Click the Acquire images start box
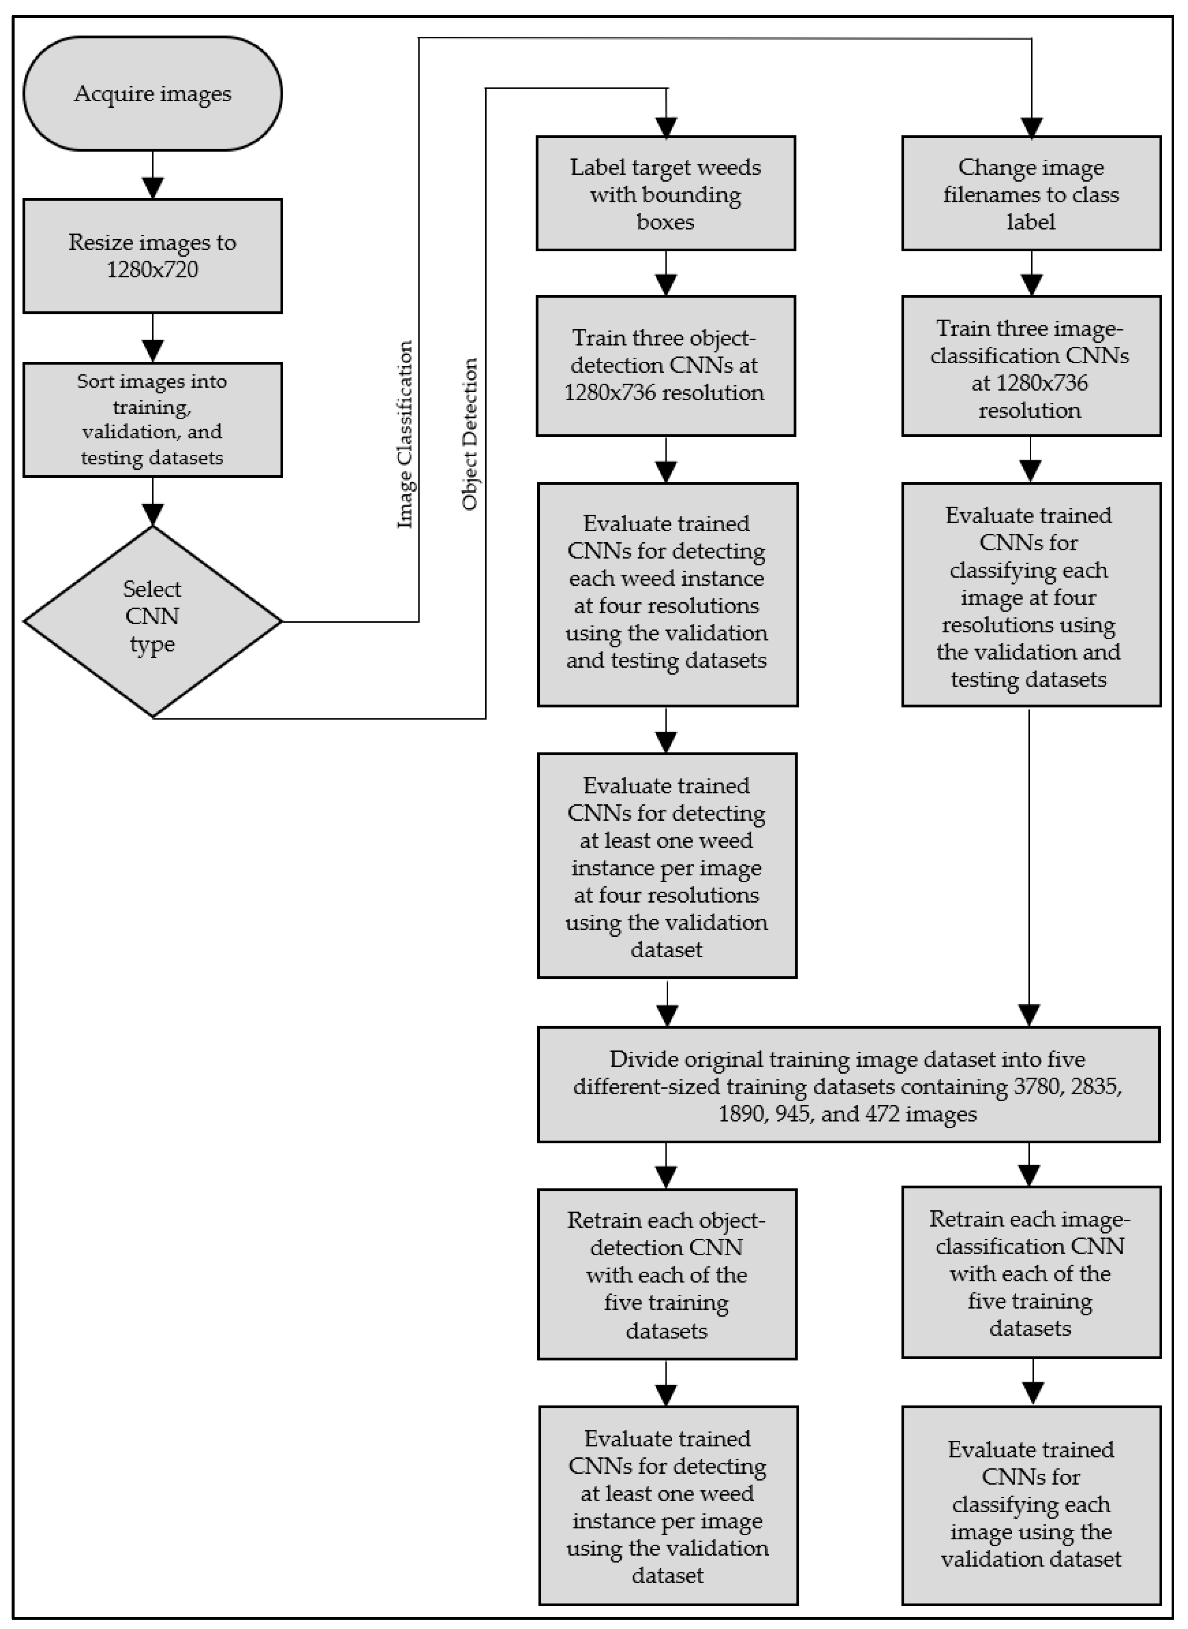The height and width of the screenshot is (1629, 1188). point(152,93)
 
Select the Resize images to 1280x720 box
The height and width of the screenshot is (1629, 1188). point(152,256)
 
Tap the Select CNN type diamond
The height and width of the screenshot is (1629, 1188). point(152,621)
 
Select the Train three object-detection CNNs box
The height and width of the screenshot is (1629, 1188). point(666,366)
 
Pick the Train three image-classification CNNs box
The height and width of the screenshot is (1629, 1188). point(1031,366)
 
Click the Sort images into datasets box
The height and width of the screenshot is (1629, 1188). point(152,419)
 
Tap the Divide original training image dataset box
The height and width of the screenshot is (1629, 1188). point(849,1085)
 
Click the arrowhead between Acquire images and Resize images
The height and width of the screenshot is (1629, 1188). point(152,188)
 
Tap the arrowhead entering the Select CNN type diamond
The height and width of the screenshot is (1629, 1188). point(152,515)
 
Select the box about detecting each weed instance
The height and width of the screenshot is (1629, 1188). point(667,594)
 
